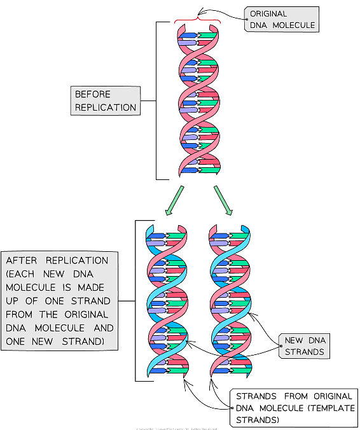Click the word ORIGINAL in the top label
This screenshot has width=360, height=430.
tap(269, 13)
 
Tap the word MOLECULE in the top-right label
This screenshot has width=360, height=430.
tap(294, 25)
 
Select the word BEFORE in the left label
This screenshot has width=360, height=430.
tap(93, 94)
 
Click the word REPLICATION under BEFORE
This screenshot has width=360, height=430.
tap(106, 107)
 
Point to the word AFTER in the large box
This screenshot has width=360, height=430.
tap(24, 261)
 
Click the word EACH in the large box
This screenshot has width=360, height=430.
tap(23, 274)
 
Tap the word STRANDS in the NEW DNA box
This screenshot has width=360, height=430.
tap(304, 352)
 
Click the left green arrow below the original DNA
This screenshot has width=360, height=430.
tap(174, 199)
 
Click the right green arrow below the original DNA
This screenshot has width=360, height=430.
tap(224, 199)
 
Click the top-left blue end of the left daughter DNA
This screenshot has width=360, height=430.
tap(150, 229)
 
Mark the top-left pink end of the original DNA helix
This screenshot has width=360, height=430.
tap(181, 32)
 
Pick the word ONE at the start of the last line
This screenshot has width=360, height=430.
tap(15, 342)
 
